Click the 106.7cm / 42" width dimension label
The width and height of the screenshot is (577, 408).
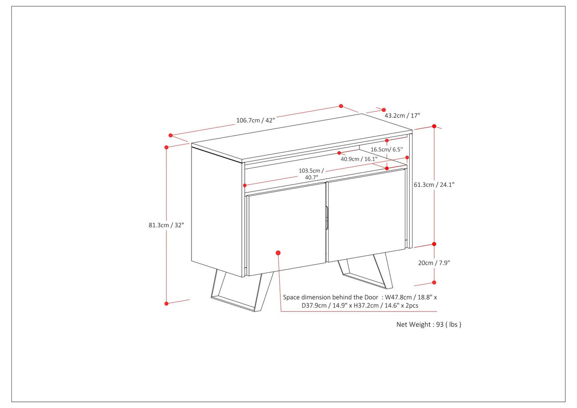[x=255, y=120]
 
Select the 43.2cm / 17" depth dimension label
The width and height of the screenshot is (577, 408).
[x=402, y=116]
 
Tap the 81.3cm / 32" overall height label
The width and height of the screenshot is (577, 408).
[x=166, y=225]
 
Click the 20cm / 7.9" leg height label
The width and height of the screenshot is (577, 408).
[x=432, y=262]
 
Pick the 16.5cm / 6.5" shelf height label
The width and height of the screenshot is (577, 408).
[x=386, y=149]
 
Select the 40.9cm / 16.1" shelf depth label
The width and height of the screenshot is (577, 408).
[x=359, y=159]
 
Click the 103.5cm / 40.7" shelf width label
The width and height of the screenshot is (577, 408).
[x=311, y=174]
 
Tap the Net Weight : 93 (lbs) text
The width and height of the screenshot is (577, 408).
[x=429, y=324]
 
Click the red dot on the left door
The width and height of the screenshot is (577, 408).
[x=278, y=253]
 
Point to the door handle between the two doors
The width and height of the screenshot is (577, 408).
[x=327, y=219]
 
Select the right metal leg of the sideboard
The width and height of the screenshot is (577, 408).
[x=366, y=274]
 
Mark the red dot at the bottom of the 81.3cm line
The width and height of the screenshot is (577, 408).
[x=166, y=303]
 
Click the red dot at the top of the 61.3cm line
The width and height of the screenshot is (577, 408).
[x=434, y=126]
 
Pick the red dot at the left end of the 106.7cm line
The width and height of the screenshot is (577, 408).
[x=171, y=136]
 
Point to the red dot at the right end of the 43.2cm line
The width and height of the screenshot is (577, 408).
[x=384, y=110]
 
